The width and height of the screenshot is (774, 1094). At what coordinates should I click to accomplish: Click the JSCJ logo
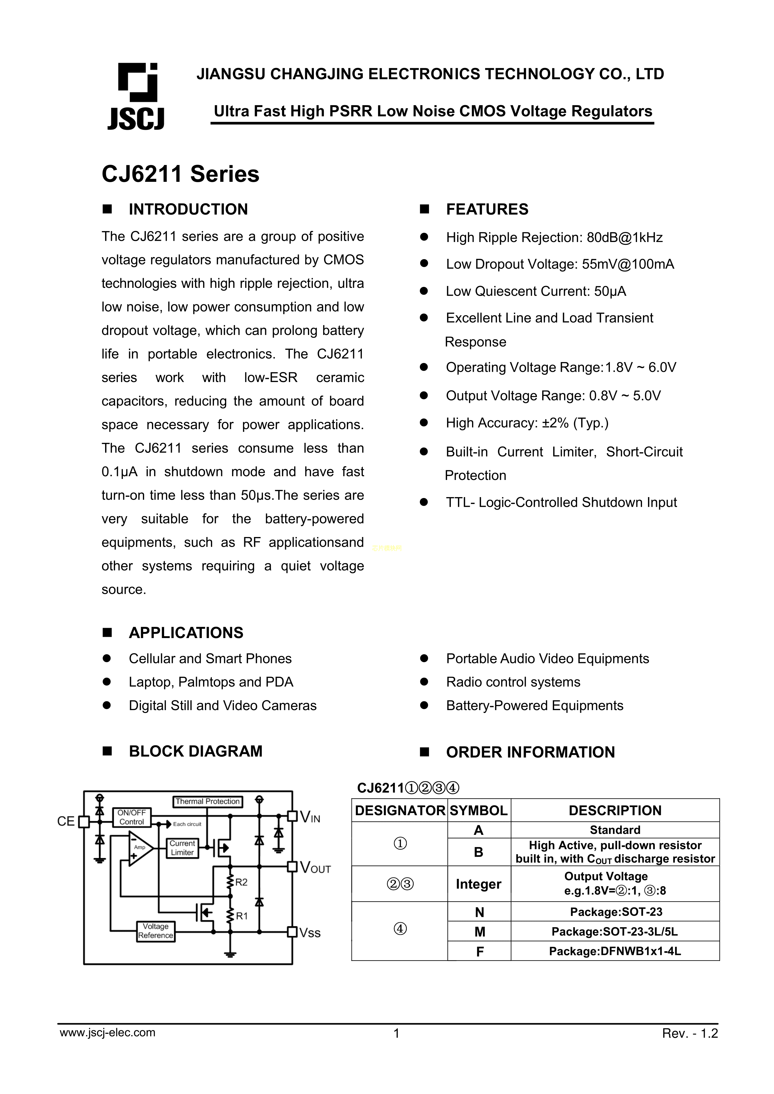point(136,97)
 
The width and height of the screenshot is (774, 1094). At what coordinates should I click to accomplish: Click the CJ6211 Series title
point(180,174)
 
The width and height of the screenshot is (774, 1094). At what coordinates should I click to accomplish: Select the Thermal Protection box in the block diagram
point(207,801)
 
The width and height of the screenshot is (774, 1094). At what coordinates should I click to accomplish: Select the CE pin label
point(66,821)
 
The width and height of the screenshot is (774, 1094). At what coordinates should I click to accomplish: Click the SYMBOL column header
point(479,811)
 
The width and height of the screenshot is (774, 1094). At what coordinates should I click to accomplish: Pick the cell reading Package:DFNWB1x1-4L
point(615,951)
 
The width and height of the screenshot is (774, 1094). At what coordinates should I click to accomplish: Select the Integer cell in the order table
point(479,884)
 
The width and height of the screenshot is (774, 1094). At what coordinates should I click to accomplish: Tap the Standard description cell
point(615,830)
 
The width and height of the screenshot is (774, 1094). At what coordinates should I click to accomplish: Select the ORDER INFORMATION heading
point(530,752)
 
